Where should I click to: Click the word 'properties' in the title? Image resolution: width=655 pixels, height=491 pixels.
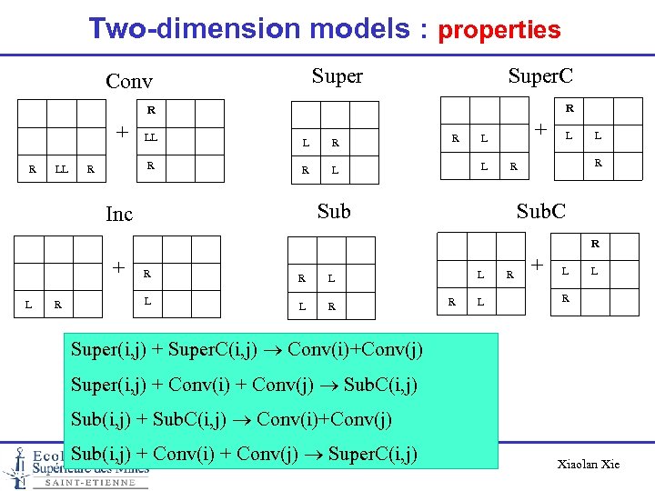click(499, 30)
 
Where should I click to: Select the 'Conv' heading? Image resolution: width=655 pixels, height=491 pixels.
click(129, 81)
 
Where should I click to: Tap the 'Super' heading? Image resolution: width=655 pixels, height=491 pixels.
click(337, 76)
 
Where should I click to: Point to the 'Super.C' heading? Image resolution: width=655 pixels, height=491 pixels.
click(540, 75)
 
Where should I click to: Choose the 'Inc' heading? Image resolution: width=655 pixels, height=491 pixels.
click(119, 214)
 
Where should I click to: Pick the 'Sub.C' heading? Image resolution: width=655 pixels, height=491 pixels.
click(540, 211)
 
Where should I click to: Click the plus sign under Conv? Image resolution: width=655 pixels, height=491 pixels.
click(121, 132)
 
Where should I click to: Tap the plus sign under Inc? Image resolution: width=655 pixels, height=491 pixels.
click(118, 266)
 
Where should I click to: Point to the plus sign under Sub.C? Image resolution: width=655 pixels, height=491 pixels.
click(537, 265)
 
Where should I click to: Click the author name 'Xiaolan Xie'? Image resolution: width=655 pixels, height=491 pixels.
click(589, 464)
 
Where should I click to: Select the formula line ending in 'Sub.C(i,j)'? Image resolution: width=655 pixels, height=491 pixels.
click(244, 385)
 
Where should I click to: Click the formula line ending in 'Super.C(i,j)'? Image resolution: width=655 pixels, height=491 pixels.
click(244, 453)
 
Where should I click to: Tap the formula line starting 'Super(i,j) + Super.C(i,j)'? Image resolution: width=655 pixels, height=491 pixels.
click(246, 350)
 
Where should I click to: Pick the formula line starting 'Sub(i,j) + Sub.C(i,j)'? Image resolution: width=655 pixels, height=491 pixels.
click(231, 419)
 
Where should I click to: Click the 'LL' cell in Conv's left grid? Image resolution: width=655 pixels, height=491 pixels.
click(62, 168)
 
